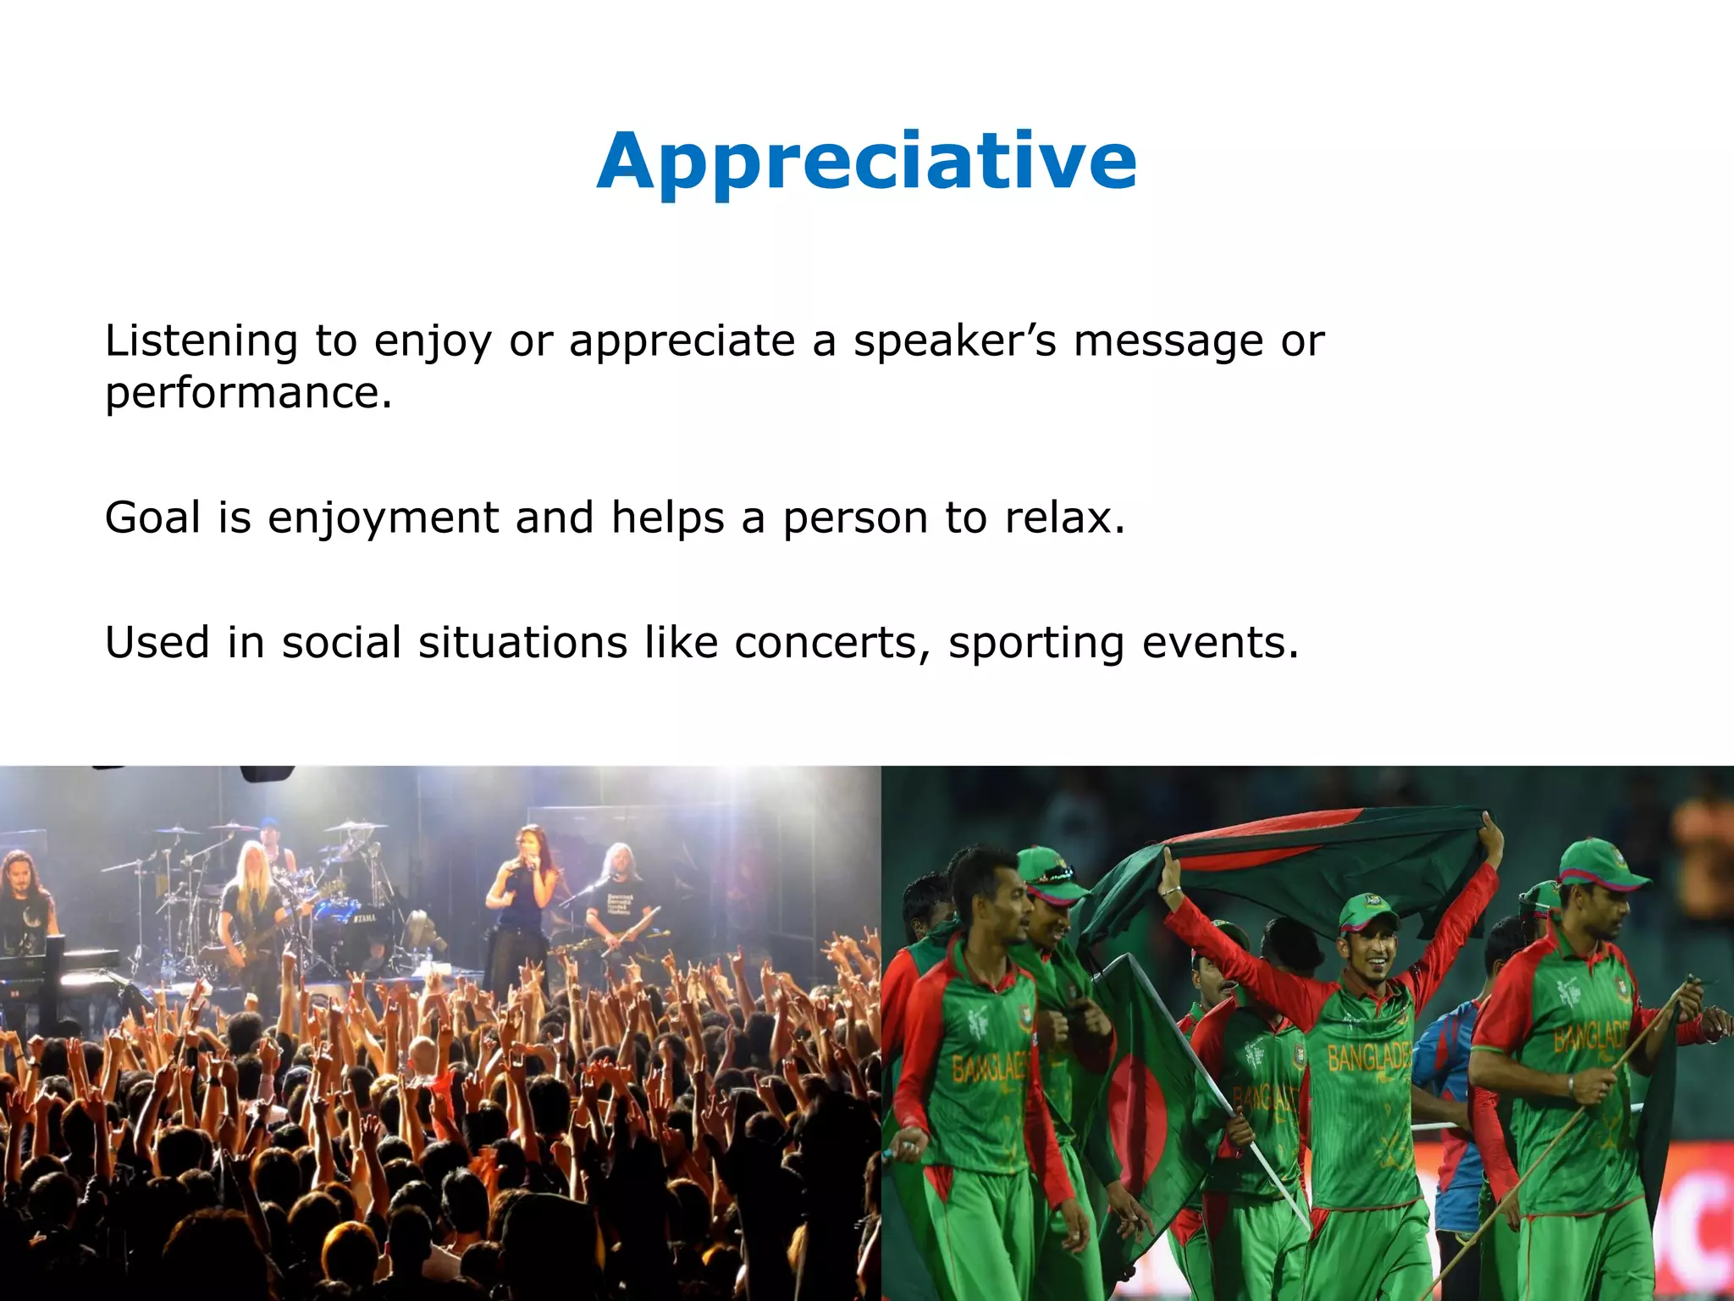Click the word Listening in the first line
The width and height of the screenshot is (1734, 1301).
201,341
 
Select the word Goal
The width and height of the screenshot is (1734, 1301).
152,518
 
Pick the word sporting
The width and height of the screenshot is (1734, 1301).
1035,643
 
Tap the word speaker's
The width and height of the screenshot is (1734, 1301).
954,341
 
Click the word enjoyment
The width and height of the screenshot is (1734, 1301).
383,518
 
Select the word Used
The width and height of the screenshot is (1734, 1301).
157,643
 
